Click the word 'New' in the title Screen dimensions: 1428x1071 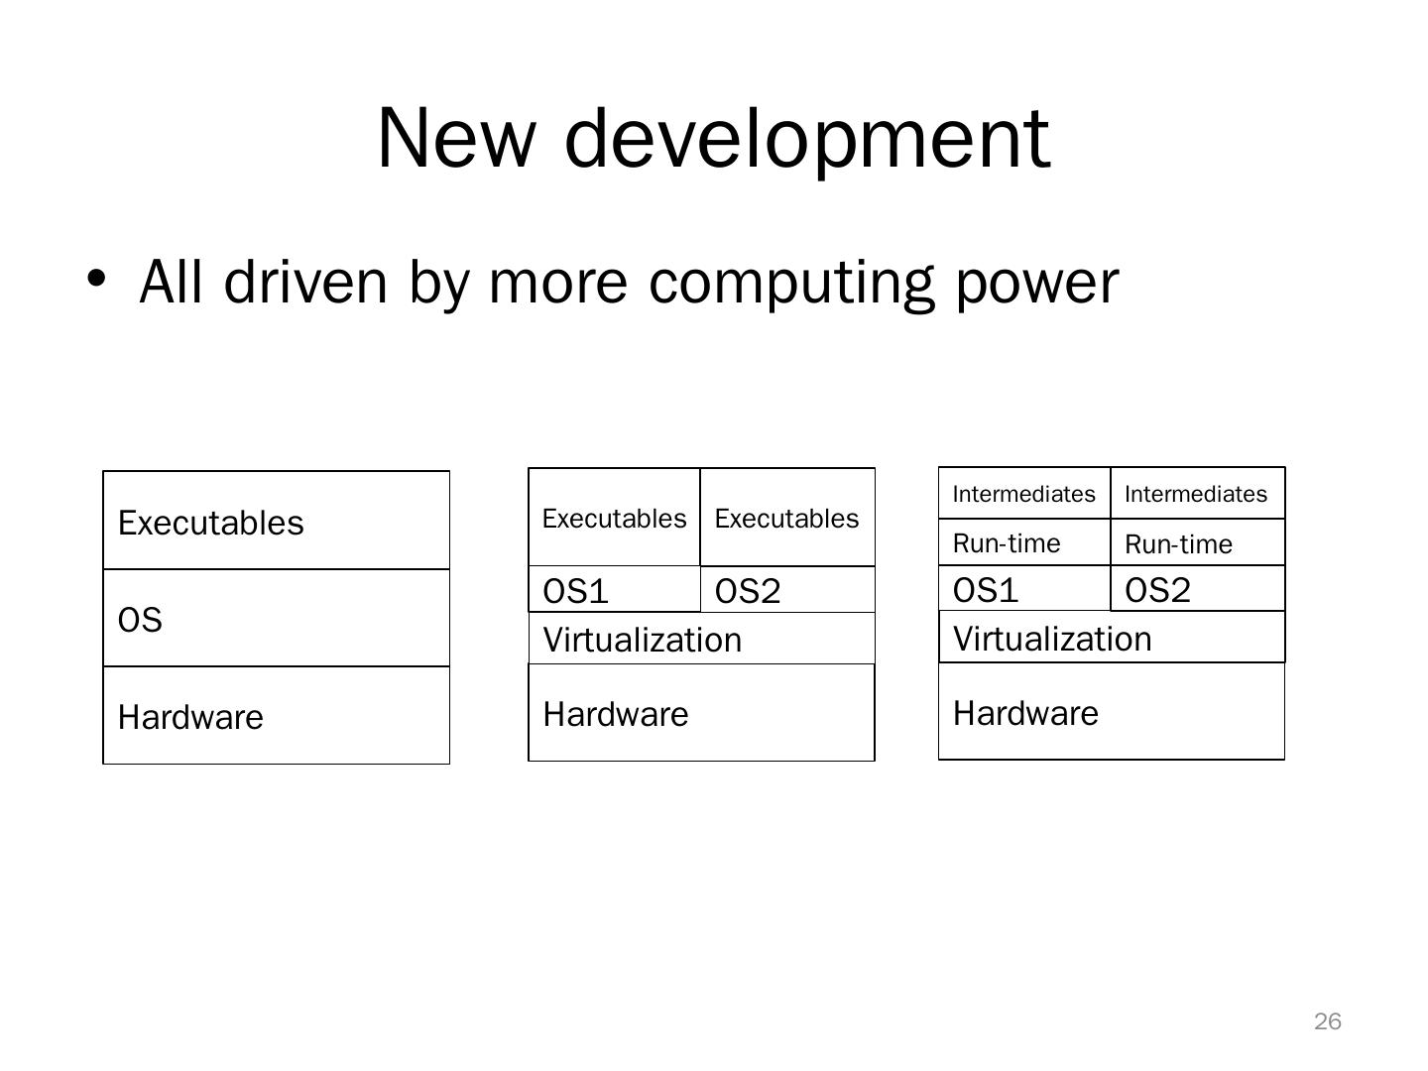tap(454, 138)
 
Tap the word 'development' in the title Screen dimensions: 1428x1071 tap(807, 138)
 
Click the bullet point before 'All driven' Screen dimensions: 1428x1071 tap(96, 279)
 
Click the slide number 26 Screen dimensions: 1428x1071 tap(1328, 1021)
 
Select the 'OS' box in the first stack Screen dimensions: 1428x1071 tap(276, 619)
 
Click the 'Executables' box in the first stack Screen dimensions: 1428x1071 tap(276, 521)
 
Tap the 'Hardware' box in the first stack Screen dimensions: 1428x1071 tap(276, 716)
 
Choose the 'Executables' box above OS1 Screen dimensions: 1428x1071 tap(614, 518)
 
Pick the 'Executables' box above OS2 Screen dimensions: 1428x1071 tap(787, 518)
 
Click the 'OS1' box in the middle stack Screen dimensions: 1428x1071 tap(614, 590)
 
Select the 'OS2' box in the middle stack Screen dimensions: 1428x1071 tap(787, 590)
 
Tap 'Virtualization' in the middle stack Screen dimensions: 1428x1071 tap(701, 639)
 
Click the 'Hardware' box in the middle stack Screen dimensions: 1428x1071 tap(701, 713)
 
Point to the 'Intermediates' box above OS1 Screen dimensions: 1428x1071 tap(1024, 494)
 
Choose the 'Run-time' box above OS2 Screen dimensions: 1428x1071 tap(1197, 543)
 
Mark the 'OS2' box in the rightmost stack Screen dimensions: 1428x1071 tap(1197, 589)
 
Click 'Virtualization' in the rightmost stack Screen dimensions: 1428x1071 tap(1111, 638)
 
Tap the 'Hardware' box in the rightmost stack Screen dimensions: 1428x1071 tap(1111, 712)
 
